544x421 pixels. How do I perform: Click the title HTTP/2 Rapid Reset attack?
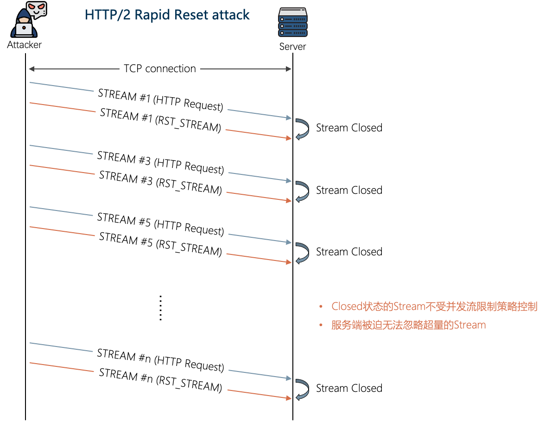coord(167,15)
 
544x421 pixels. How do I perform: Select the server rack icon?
coord(293,22)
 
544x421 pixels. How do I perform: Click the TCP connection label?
coord(160,69)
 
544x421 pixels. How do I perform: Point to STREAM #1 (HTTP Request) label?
coord(161,100)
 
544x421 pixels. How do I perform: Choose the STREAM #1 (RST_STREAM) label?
coord(160,120)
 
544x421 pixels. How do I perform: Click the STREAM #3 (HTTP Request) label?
coord(160,163)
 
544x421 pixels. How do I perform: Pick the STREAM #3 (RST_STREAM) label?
coord(160,183)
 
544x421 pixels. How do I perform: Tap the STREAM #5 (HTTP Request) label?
coord(160,224)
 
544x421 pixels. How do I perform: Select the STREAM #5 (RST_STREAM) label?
coord(160,244)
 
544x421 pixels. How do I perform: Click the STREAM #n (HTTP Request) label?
coord(160,360)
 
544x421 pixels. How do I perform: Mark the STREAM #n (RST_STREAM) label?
coord(160,380)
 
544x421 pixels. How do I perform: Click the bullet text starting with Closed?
coord(434,307)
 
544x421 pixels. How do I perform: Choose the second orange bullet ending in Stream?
coord(408,325)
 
